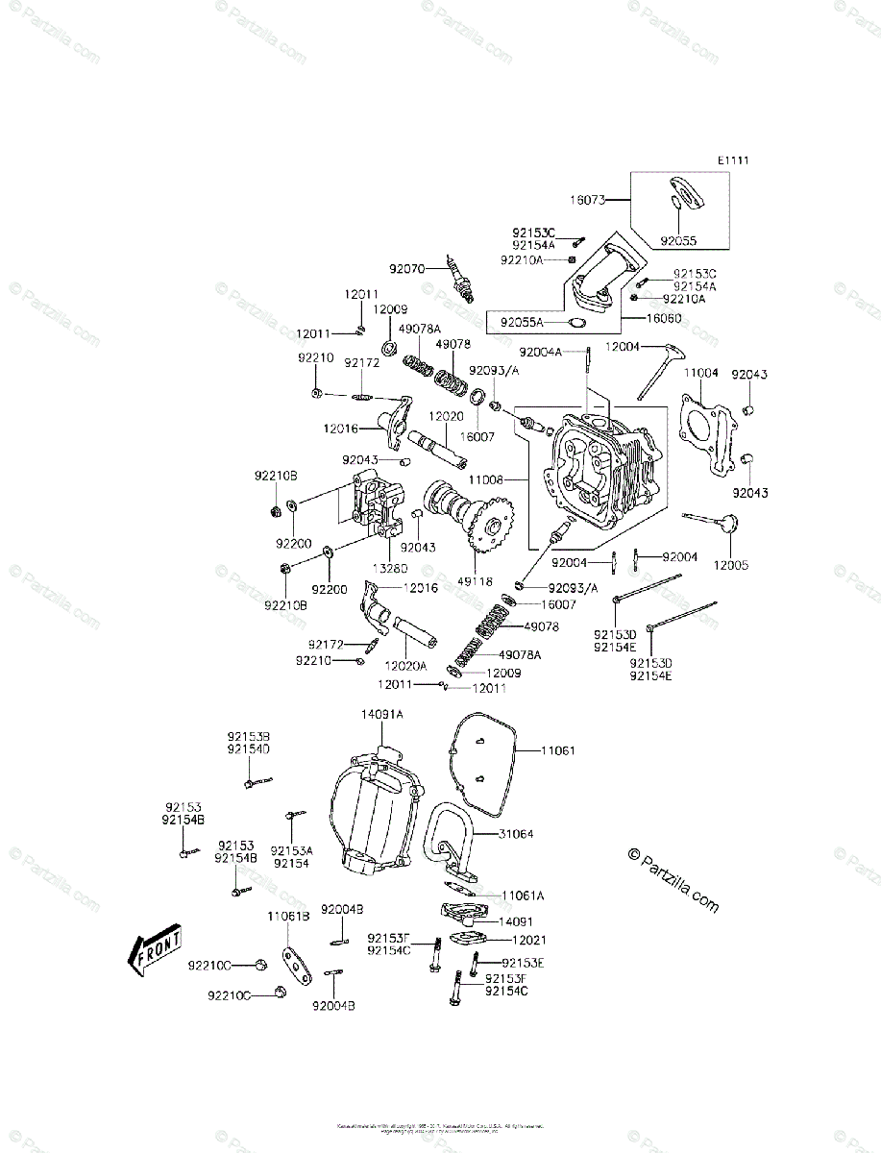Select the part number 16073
[586, 201]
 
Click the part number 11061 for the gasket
[557, 750]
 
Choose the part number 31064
[516, 834]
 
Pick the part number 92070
[406, 269]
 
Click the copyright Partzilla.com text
[673, 878]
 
